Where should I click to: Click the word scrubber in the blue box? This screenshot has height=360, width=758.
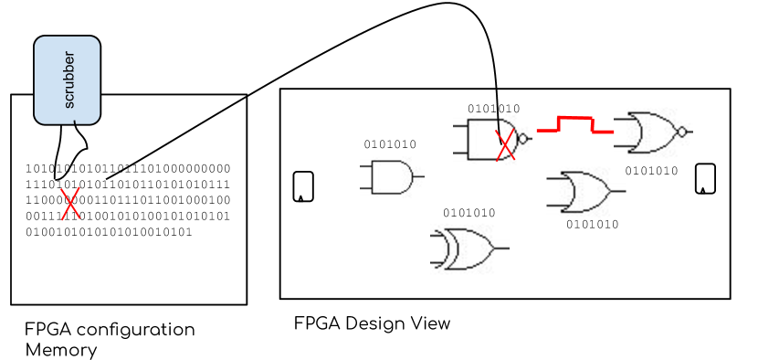(68, 80)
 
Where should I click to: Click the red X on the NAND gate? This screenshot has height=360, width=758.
(505, 145)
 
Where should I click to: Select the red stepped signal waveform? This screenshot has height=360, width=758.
(574, 125)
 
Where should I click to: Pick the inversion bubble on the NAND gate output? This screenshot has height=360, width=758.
(523, 140)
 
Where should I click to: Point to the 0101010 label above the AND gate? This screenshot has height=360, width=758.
(390, 144)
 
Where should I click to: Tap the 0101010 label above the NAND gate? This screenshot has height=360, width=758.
(493, 109)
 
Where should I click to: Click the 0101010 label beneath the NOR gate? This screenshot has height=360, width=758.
(651, 171)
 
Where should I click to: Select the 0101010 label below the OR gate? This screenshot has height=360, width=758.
(592, 225)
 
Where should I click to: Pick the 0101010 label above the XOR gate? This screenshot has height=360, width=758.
(468, 213)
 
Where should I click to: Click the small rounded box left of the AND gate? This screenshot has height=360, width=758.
(303, 186)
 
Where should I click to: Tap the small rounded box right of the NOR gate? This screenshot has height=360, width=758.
(705, 178)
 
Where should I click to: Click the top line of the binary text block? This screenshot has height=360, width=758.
(128, 169)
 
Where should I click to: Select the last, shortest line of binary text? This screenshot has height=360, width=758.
(109, 232)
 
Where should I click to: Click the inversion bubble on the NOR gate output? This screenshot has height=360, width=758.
(681, 132)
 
